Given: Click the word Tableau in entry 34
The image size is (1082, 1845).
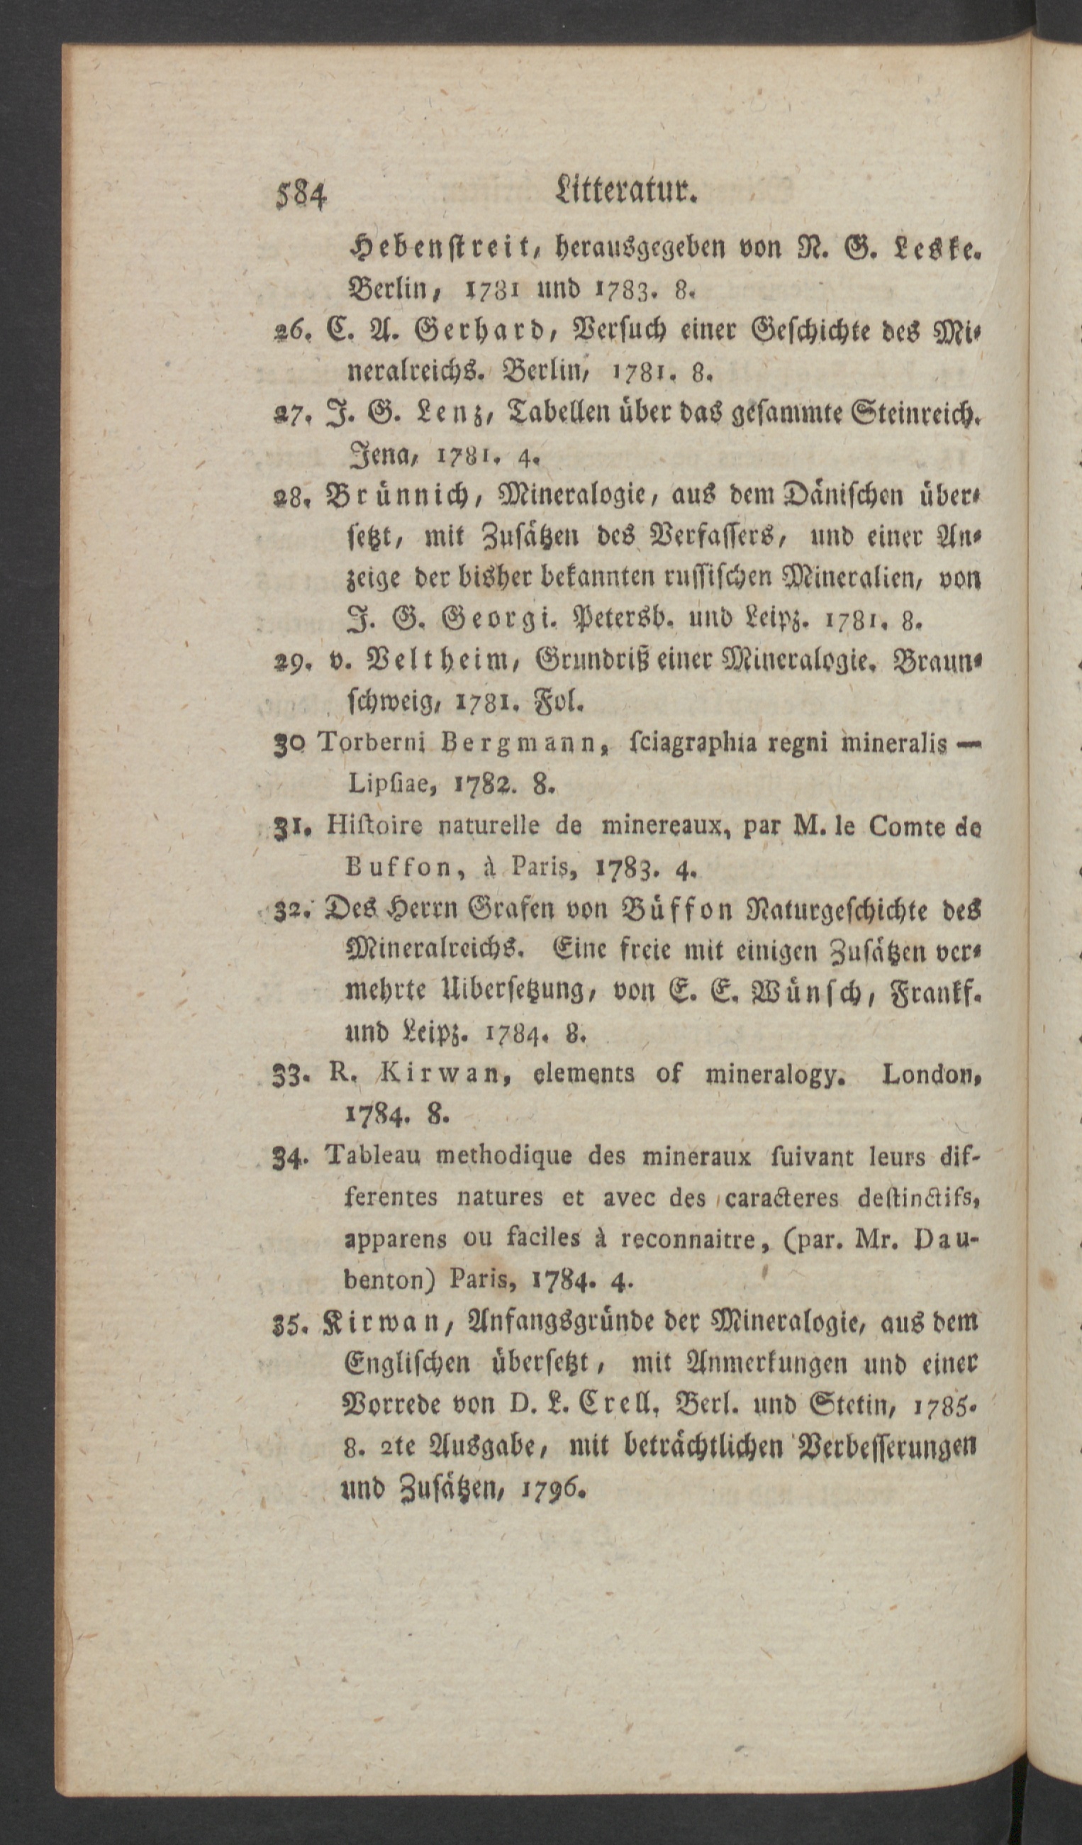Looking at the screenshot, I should pyautogui.click(x=374, y=1156).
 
